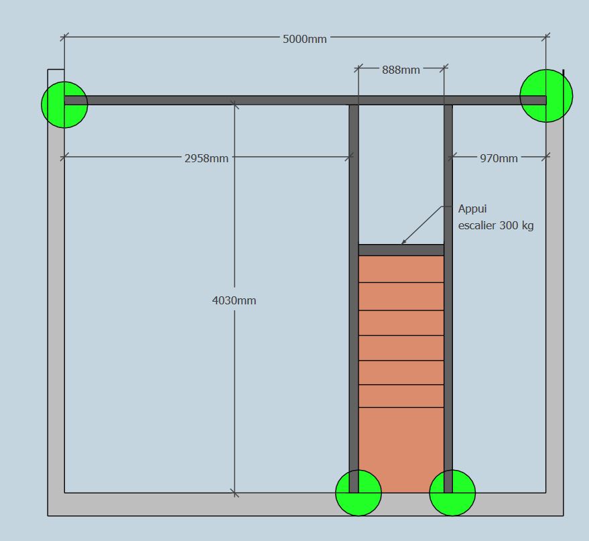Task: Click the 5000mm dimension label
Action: [x=305, y=39]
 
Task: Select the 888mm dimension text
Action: [x=401, y=70]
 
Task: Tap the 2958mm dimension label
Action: [x=206, y=159]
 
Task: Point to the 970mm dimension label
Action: [x=499, y=159]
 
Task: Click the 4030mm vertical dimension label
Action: [x=234, y=300]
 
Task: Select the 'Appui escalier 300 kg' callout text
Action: [x=495, y=217]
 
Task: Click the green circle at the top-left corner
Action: [x=64, y=104]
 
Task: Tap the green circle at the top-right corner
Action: [x=546, y=96]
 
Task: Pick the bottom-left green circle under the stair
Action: [x=358, y=493]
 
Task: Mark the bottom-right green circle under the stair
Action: [x=452, y=493]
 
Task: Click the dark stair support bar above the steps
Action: [x=401, y=250]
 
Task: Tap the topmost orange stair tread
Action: [x=401, y=269]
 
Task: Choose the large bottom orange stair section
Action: [x=401, y=449]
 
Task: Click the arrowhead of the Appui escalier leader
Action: [x=403, y=243]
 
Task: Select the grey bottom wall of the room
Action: [x=201, y=504]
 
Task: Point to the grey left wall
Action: [x=56, y=302]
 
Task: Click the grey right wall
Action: [x=555, y=302]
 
